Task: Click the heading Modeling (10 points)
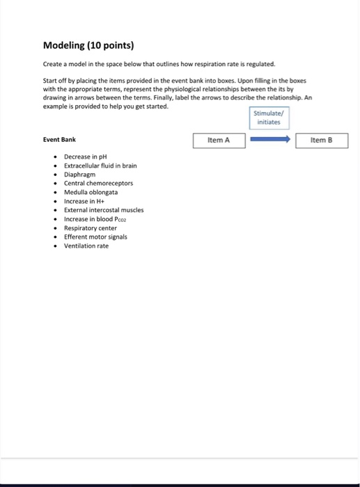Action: pos(88,46)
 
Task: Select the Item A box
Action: pos(219,141)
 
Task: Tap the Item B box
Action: pos(321,141)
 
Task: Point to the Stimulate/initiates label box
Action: pos(268,117)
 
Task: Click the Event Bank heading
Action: pos(59,139)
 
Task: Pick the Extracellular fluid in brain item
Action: pos(100,166)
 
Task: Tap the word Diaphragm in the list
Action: pos(79,175)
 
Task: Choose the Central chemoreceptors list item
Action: pos(98,183)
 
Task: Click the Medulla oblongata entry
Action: pos(91,192)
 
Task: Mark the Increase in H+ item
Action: pos(84,201)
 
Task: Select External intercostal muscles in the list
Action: pos(103,209)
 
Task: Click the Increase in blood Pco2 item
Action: pos(97,218)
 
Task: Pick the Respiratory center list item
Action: pos(90,227)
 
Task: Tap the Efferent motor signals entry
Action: pos(95,237)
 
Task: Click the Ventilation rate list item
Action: pos(86,246)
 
